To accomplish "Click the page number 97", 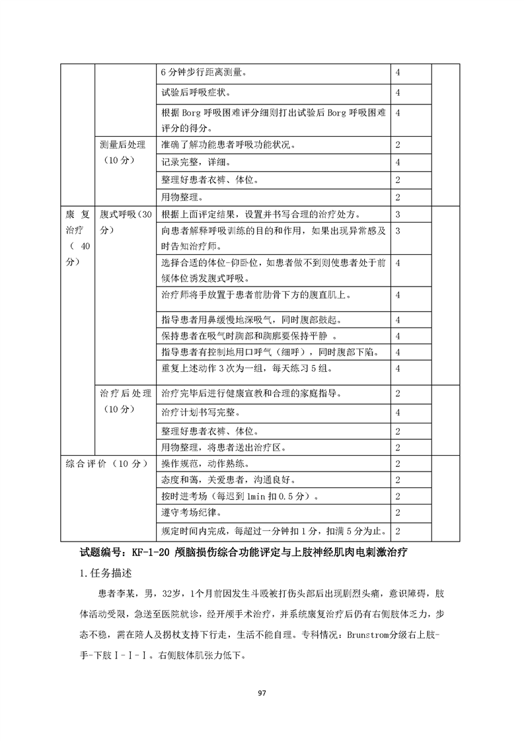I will click(x=262, y=693).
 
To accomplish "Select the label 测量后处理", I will click(x=122, y=145).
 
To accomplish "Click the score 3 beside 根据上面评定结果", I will click(x=398, y=214).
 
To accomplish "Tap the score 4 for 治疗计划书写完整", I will click(x=398, y=412).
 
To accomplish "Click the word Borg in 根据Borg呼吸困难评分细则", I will click(x=190, y=112).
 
